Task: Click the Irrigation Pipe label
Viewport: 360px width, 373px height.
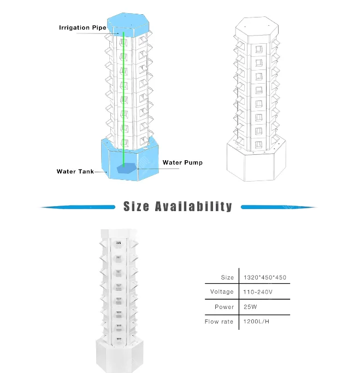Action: click(x=82, y=27)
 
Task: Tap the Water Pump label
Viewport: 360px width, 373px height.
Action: click(x=182, y=162)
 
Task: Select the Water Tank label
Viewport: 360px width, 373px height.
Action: click(x=75, y=172)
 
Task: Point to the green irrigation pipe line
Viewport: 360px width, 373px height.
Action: click(x=123, y=99)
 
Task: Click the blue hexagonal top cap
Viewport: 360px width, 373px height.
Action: click(x=128, y=25)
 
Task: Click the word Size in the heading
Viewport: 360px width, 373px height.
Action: click(x=137, y=206)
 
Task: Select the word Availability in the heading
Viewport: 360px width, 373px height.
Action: click(x=193, y=207)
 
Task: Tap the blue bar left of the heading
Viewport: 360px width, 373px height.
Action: click(x=78, y=207)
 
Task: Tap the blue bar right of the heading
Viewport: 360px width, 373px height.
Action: click(x=279, y=207)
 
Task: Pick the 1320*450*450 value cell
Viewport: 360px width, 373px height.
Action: click(x=265, y=277)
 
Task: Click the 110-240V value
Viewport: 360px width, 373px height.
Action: click(x=258, y=292)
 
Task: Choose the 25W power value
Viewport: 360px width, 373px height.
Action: click(x=250, y=307)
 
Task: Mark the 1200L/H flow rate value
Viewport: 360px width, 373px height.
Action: click(x=256, y=322)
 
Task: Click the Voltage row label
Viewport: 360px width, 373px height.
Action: click(x=222, y=292)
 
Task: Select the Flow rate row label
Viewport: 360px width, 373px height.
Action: click(x=219, y=322)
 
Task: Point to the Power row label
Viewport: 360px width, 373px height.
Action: click(x=224, y=307)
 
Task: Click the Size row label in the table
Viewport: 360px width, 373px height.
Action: click(x=227, y=277)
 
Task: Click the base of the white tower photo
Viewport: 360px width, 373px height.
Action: click(x=120, y=355)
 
